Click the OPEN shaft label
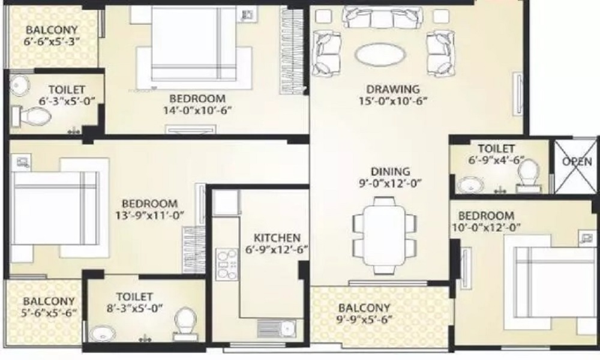click(577, 162)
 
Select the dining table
click(384, 236)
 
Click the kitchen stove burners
click(227, 264)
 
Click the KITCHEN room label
click(277, 238)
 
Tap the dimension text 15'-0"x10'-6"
click(392, 101)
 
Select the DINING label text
click(391, 172)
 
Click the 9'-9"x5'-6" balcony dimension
click(364, 319)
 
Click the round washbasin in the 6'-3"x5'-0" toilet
click(19, 85)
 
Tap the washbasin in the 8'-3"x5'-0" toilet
click(103, 334)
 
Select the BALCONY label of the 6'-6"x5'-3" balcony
click(52, 30)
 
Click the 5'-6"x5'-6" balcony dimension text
click(49, 313)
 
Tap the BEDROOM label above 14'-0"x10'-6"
click(197, 99)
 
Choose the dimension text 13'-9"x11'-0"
click(149, 215)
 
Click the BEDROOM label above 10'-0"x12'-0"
click(487, 216)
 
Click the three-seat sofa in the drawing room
click(382, 17)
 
